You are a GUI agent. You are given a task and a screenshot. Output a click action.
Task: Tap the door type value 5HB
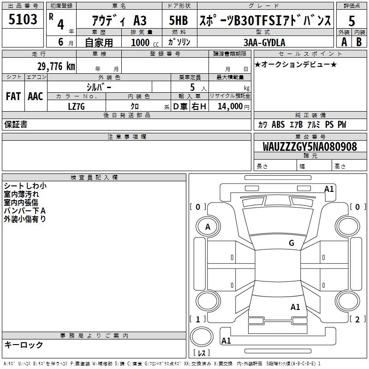[x=178, y=20]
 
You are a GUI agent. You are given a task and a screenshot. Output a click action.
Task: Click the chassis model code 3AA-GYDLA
[x=264, y=42]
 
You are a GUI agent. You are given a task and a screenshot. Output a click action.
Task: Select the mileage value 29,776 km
[x=56, y=66]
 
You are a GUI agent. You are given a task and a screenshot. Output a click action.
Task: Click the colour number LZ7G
[x=77, y=107]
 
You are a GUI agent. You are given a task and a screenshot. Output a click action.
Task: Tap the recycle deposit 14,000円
[x=233, y=107]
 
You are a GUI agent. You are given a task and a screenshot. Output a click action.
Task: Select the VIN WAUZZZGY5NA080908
[x=309, y=147]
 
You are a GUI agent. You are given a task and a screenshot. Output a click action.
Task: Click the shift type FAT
[x=13, y=96]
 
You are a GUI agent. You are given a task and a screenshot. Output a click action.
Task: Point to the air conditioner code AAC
[x=35, y=96]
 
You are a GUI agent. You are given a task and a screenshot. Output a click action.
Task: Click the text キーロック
[x=24, y=345]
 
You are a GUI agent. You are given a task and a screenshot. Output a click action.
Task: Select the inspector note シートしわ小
[x=25, y=186]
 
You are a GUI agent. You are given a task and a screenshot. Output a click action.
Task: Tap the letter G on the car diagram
[x=292, y=243]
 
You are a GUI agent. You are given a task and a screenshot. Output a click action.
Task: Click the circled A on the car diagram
[x=208, y=226]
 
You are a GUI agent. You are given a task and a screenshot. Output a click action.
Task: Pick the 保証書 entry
[x=16, y=124]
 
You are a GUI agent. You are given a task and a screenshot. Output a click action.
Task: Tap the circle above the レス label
[x=203, y=338]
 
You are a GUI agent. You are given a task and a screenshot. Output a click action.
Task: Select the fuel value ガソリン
[x=179, y=42]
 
